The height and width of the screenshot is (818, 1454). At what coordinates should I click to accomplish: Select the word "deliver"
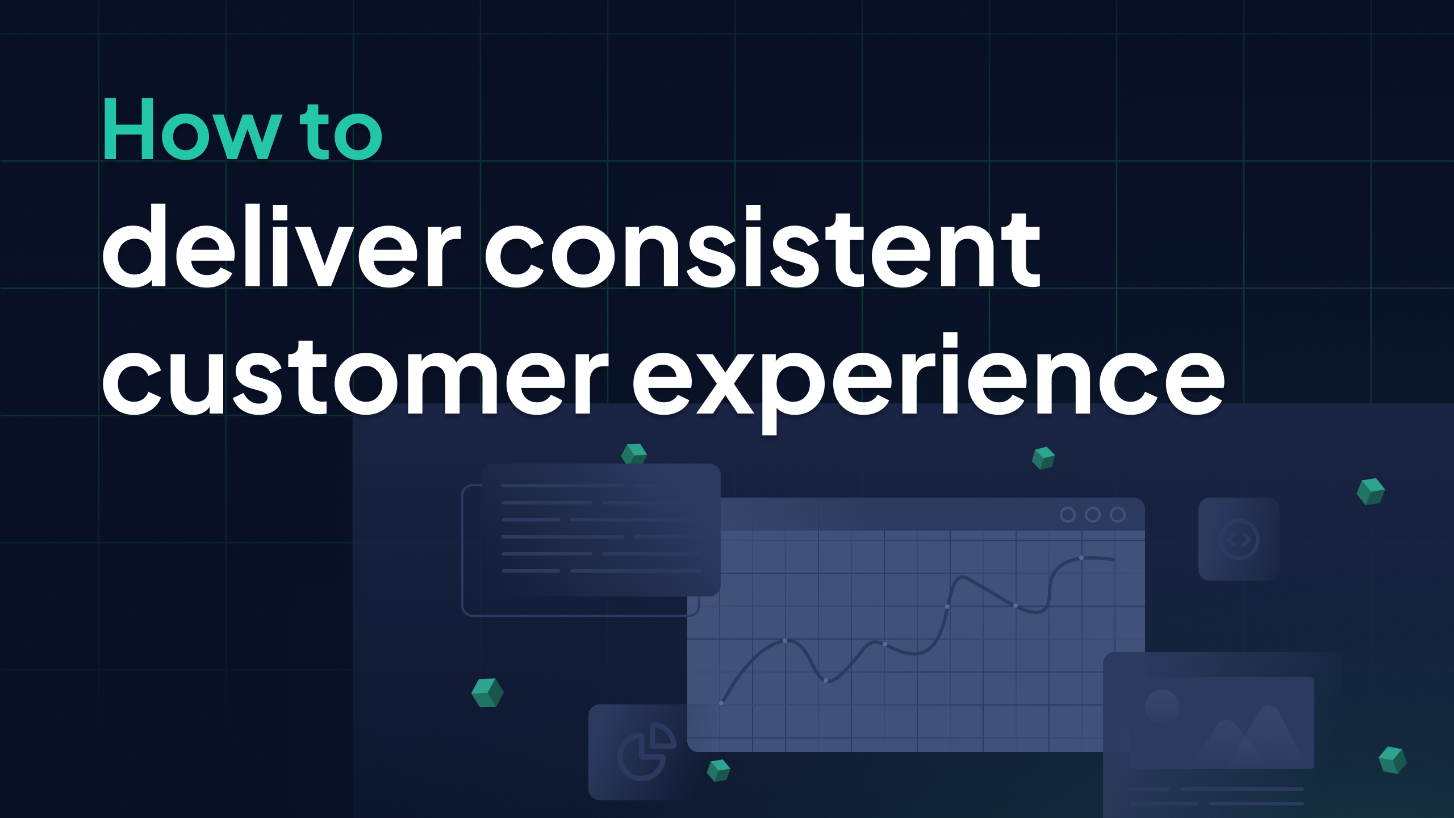pyautogui.click(x=281, y=248)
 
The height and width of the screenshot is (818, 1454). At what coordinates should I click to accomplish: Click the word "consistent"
pyautogui.click(x=762, y=250)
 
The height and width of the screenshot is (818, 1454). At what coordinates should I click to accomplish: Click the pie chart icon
pyautogui.click(x=646, y=751)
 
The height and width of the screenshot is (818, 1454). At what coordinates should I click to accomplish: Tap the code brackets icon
pyautogui.click(x=1239, y=539)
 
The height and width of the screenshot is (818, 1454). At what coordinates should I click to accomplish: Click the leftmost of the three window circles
pyautogui.click(x=1068, y=515)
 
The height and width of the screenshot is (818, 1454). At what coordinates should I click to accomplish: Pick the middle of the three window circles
pyautogui.click(x=1093, y=515)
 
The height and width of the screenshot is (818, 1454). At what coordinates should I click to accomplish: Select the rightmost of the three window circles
pyautogui.click(x=1118, y=515)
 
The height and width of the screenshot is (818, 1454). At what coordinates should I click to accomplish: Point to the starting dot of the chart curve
pyautogui.click(x=721, y=703)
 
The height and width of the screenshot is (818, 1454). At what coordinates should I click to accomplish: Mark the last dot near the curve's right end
pyautogui.click(x=1081, y=558)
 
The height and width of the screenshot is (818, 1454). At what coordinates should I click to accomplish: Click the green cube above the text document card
pyautogui.click(x=634, y=454)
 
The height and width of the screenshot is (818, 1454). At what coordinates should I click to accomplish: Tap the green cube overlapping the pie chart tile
pyautogui.click(x=718, y=770)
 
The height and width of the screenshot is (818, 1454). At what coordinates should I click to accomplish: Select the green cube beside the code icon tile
pyautogui.click(x=1371, y=491)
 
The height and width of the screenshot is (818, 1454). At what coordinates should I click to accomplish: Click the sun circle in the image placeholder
pyautogui.click(x=1162, y=706)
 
